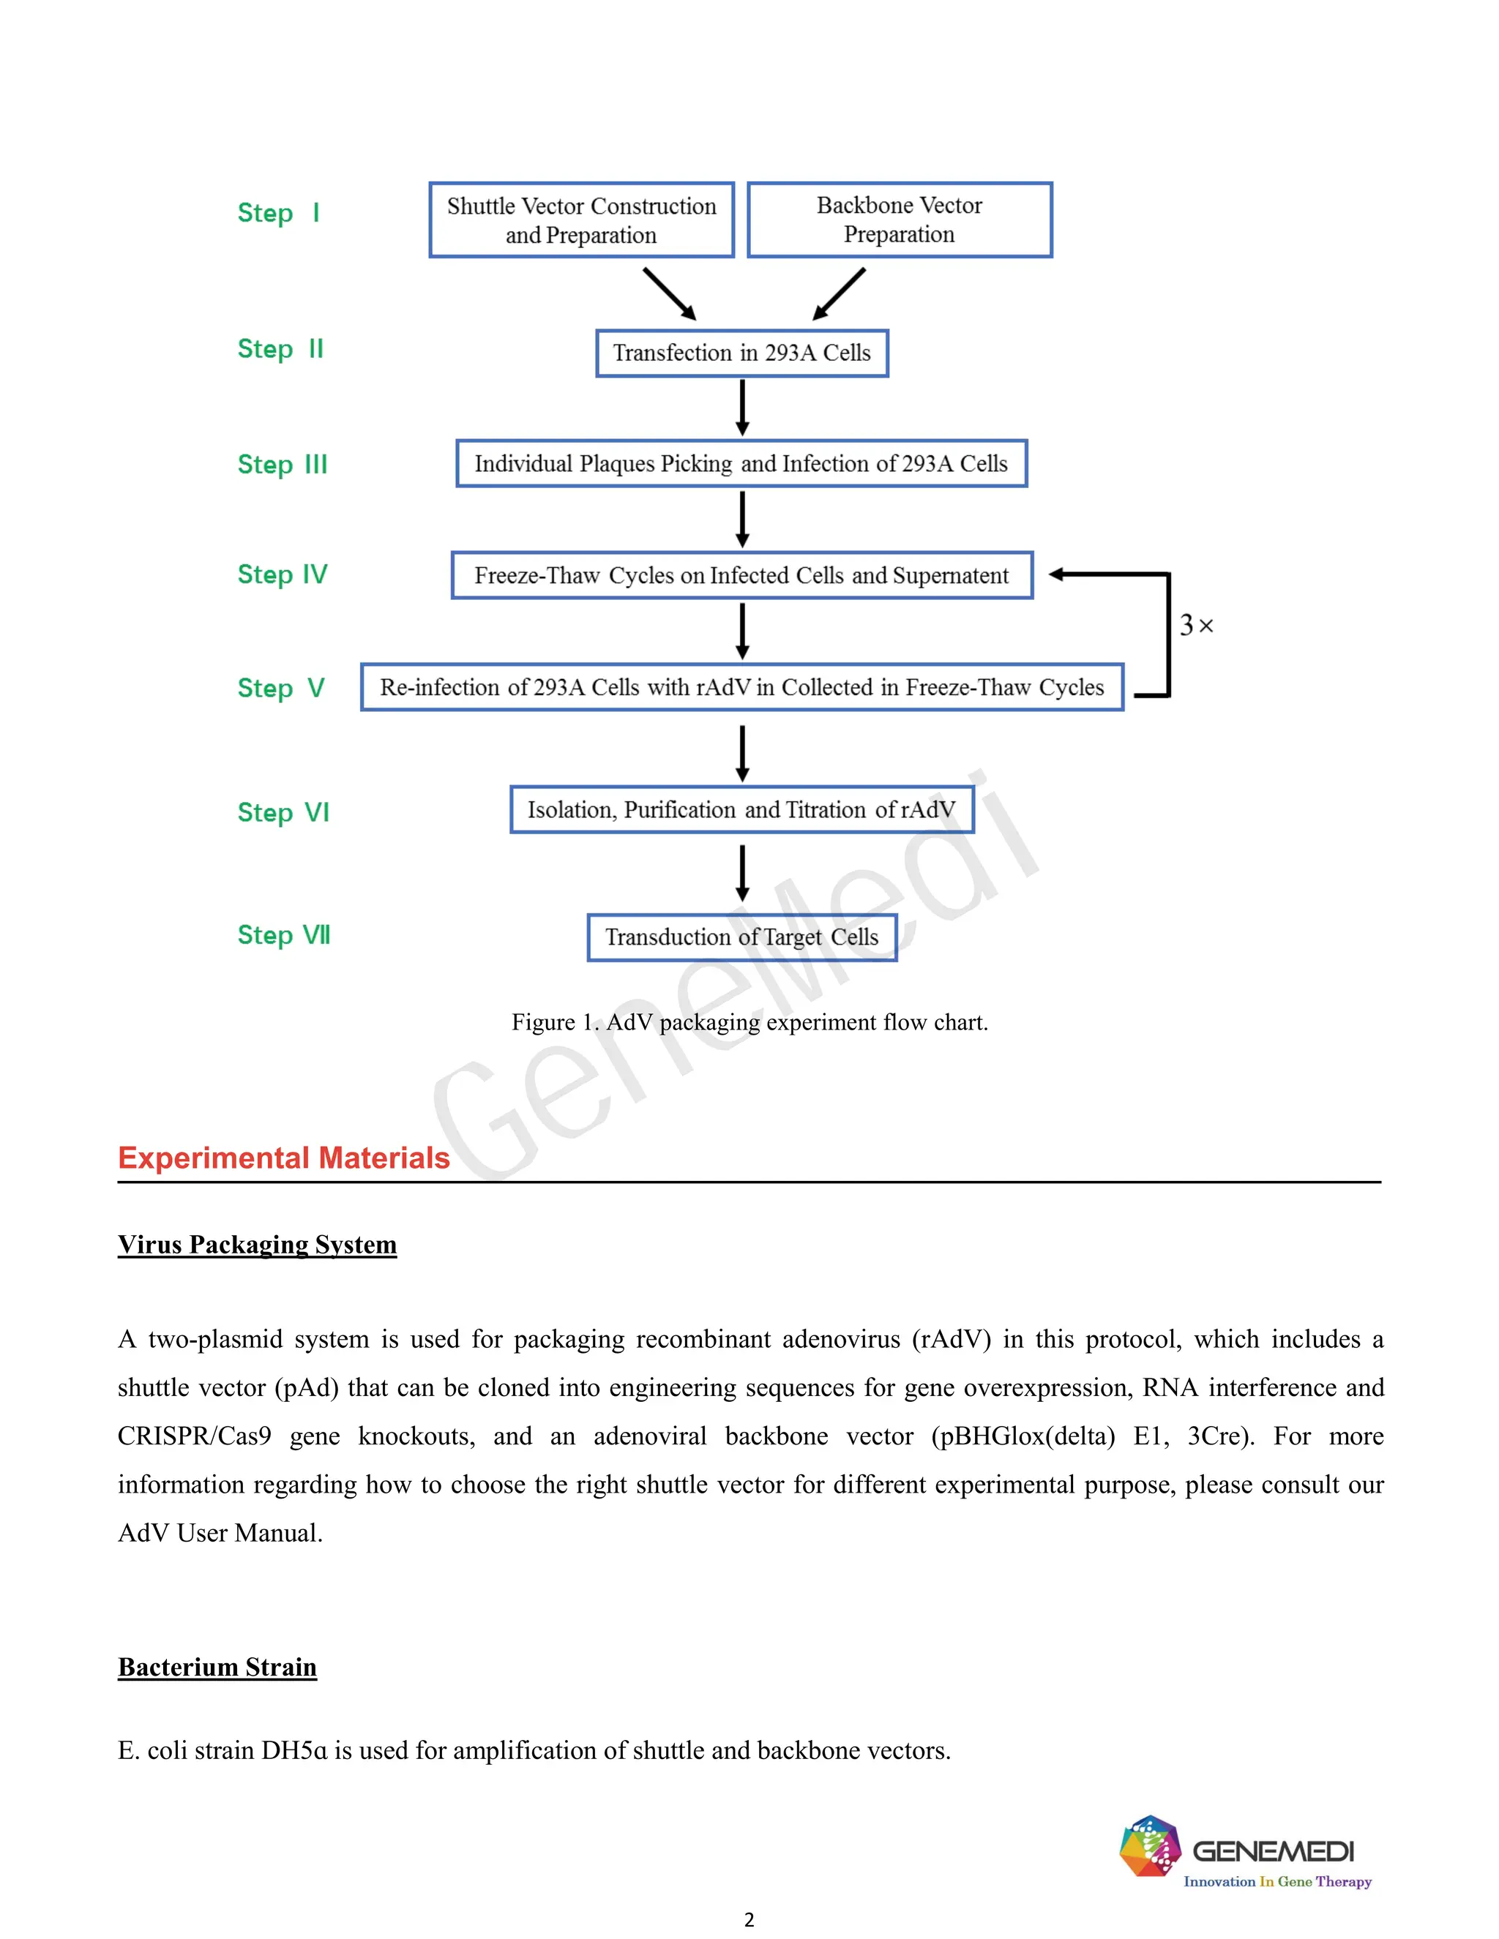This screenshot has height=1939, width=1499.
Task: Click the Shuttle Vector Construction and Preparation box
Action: point(582,220)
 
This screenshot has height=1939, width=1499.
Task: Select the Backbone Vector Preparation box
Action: point(899,220)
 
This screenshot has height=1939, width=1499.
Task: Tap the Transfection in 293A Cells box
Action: point(741,353)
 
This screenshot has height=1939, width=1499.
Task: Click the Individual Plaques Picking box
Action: point(741,463)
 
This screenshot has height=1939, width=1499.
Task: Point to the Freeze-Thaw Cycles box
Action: point(741,575)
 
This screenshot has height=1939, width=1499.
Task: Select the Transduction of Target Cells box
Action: point(741,937)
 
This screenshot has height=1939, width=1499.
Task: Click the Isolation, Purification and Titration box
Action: point(741,810)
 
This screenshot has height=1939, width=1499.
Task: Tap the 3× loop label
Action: point(1195,626)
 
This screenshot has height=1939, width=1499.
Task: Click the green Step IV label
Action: point(283,574)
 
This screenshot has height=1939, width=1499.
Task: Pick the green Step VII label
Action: point(283,935)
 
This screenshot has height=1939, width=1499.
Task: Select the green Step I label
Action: point(278,213)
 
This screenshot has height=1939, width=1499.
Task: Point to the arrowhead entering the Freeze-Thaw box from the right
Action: point(1057,574)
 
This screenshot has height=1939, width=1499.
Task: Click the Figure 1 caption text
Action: point(749,1022)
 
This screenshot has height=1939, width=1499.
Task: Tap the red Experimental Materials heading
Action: point(283,1158)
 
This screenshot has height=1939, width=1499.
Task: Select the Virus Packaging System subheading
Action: point(257,1244)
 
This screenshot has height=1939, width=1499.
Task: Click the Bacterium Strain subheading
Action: point(217,1666)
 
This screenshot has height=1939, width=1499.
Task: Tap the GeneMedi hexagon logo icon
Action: point(1149,1847)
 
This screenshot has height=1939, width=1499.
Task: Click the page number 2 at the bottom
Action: point(749,1919)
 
